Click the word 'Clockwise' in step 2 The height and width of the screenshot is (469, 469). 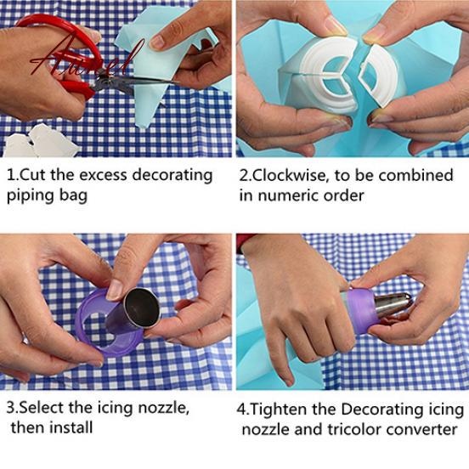[x=294, y=175]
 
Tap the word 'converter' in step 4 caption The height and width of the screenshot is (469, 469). [x=426, y=429]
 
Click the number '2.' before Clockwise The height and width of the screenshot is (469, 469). [x=246, y=175]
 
